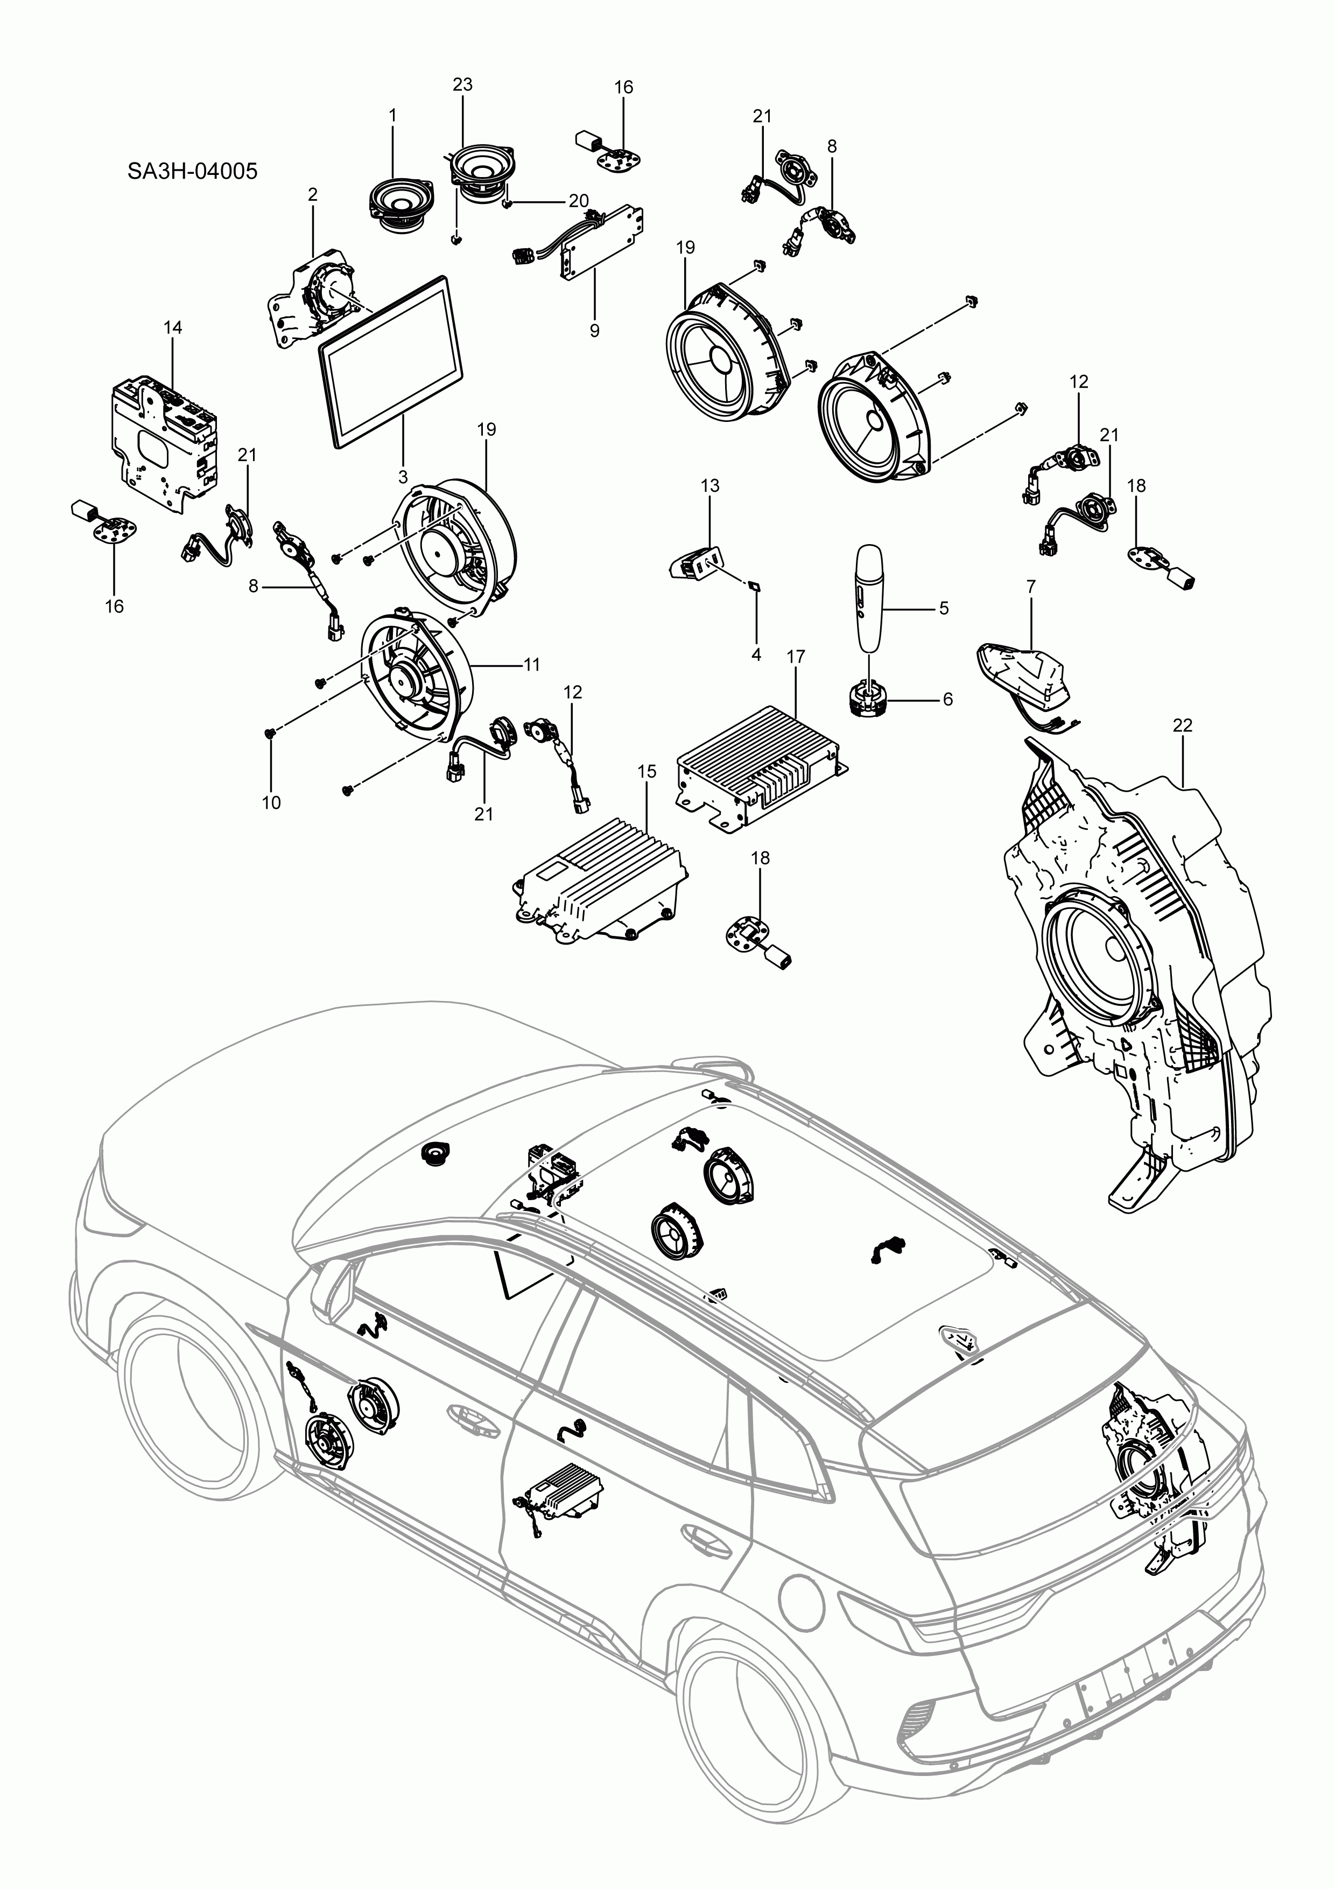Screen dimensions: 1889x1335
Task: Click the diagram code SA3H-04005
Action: [192, 171]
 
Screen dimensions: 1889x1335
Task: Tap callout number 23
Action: [462, 84]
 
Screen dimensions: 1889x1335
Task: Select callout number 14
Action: [172, 327]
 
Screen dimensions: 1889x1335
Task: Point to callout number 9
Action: [594, 331]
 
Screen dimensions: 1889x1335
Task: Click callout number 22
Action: [1183, 725]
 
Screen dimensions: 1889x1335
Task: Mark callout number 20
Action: [579, 201]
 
